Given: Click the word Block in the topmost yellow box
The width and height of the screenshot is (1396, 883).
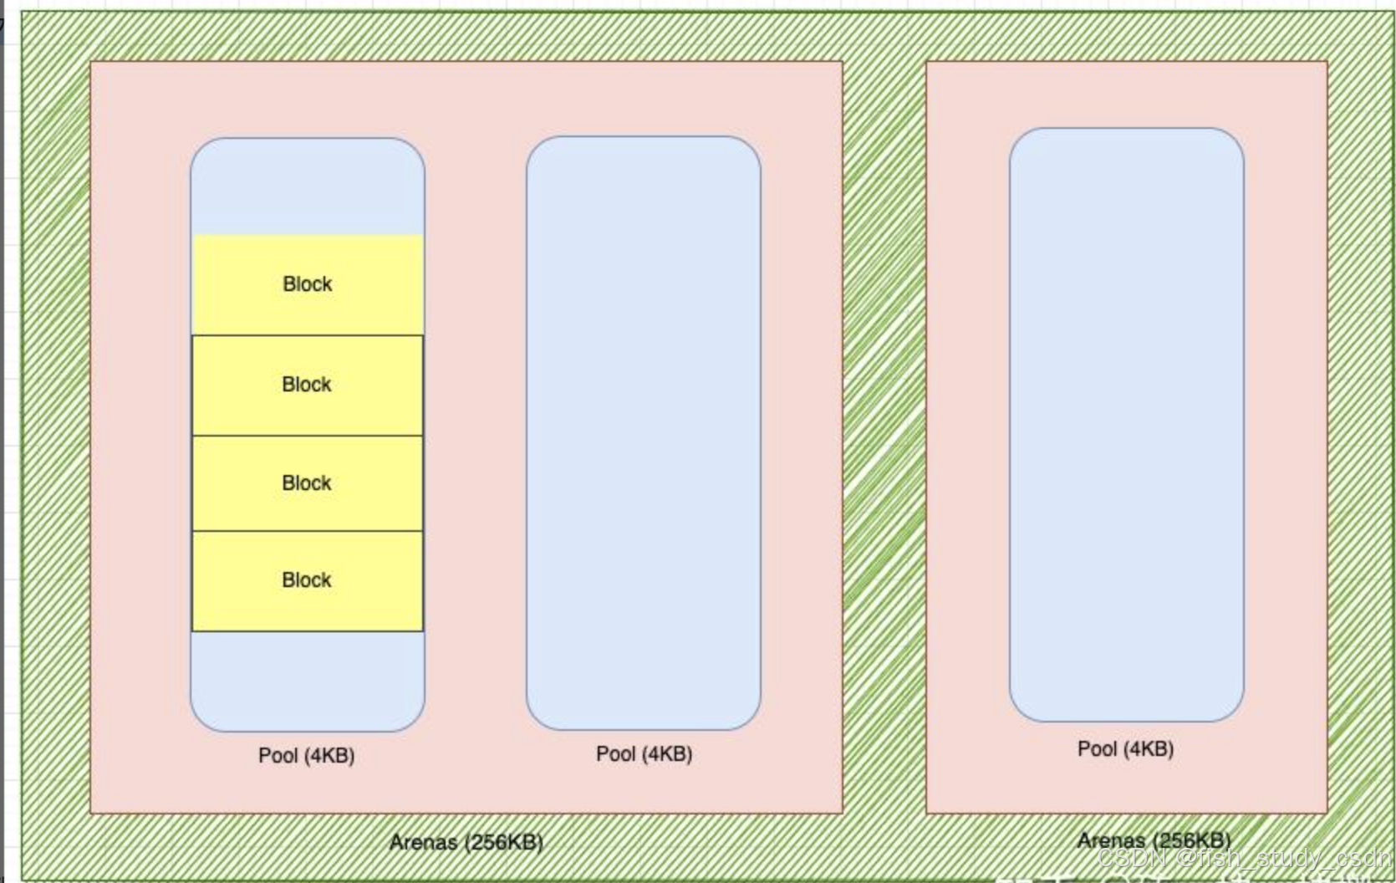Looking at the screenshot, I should (x=308, y=284).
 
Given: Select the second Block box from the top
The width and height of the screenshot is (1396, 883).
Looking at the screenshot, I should (x=308, y=385).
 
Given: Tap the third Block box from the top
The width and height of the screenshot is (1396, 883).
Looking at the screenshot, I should (x=308, y=483).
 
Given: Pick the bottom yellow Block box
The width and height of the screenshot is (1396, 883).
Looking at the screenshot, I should (x=308, y=580).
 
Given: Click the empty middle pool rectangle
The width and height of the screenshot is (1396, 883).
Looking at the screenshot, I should (x=643, y=433).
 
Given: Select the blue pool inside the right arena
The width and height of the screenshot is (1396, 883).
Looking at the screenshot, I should (x=1126, y=425).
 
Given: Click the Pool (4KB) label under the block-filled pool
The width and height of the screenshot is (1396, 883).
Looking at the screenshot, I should (x=306, y=756).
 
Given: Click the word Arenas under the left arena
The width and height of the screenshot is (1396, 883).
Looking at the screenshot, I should (x=423, y=842).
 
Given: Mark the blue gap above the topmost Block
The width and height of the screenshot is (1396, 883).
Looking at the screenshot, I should (x=308, y=188).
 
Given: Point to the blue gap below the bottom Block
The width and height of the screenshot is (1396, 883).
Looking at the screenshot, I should (x=308, y=679).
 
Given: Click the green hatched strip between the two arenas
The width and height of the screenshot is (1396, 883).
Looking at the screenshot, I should (x=884, y=435).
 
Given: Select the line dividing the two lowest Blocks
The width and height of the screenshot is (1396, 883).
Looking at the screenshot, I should (x=308, y=531).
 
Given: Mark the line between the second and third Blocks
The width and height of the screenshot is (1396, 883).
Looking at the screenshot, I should (x=308, y=436).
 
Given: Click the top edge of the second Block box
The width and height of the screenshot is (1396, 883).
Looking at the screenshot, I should (x=308, y=335).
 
